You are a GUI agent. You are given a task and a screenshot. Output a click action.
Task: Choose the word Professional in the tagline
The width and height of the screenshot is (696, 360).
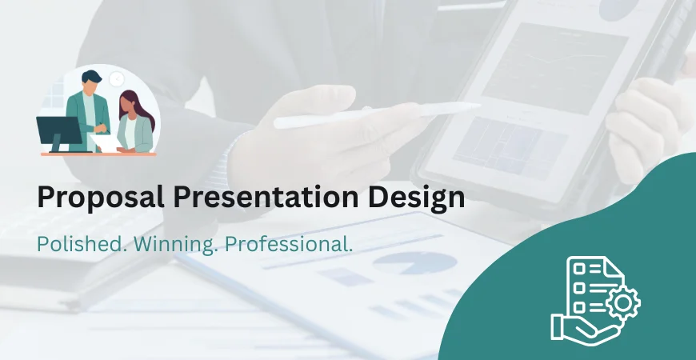(x=289, y=245)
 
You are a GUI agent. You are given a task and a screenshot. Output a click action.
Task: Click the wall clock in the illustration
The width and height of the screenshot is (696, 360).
(x=117, y=78)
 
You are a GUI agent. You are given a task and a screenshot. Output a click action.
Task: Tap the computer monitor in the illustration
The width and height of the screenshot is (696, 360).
(x=59, y=130)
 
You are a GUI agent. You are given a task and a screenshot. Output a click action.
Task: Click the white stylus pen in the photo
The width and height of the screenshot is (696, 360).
(x=376, y=114)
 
